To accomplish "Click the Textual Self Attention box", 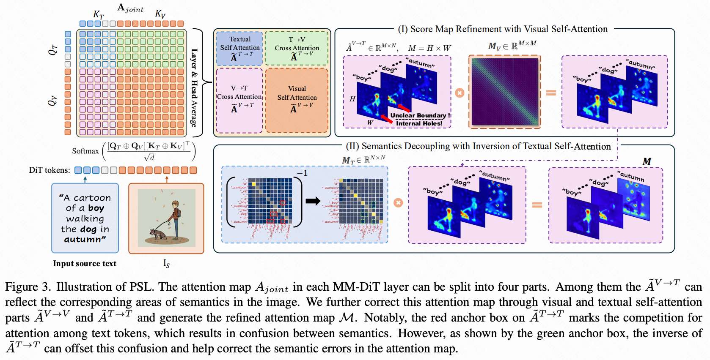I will click(x=239, y=48).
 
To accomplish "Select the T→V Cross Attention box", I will click(x=297, y=48).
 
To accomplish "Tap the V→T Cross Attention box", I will click(x=239, y=101).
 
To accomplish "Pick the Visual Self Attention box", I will click(x=297, y=101).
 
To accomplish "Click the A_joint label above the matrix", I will click(x=130, y=8).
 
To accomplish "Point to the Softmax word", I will click(x=85, y=151).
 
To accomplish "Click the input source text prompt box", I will click(x=85, y=218).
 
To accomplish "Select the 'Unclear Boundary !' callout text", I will click(x=420, y=115).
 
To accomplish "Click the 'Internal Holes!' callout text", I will click(x=419, y=123).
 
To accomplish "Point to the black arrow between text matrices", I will click(x=313, y=201).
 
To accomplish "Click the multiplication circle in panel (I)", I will click(x=460, y=93).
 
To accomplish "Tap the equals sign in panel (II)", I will click(x=537, y=205).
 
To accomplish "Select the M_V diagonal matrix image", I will click(x=505, y=92).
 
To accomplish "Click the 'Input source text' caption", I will click(x=84, y=264).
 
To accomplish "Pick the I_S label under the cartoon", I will click(x=166, y=264).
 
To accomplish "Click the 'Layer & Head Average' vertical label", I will click(x=194, y=88).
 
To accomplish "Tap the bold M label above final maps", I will click(x=647, y=161).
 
